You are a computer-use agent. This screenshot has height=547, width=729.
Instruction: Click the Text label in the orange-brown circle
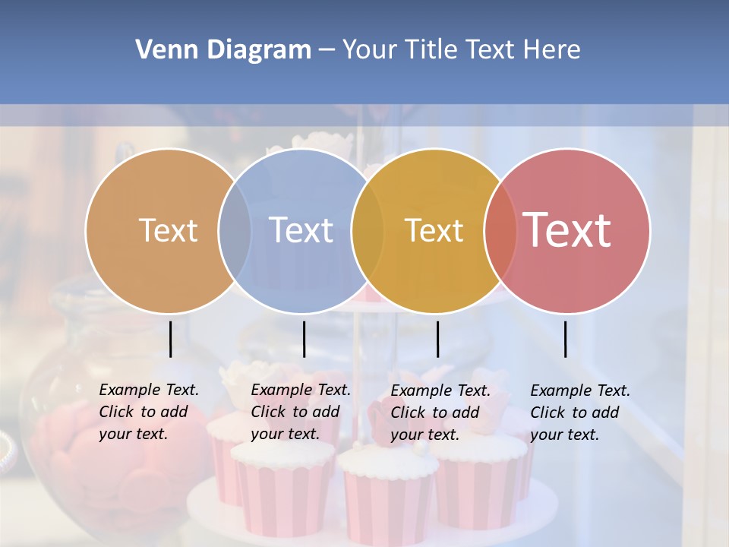pyautogui.click(x=168, y=230)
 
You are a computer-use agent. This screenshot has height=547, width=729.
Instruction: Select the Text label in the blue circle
pyautogui.click(x=301, y=230)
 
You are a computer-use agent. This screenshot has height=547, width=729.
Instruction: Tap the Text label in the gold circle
pyautogui.click(x=434, y=230)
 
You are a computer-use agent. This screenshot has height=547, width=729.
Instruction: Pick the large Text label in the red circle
pyautogui.click(x=566, y=230)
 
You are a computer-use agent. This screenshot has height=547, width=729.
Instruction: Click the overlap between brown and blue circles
pyautogui.click(x=235, y=230)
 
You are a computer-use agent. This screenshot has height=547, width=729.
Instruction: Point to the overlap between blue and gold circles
pyautogui.click(x=368, y=230)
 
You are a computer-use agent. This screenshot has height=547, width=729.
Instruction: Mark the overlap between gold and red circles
pyautogui.click(x=500, y=230)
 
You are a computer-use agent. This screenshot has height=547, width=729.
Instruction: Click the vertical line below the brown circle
pyautogui.click(x=171, y=339)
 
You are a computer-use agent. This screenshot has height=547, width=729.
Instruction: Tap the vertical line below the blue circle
pyautogui.click(x=304, y=339)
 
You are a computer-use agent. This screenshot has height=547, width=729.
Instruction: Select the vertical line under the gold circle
pyautogui.click(x=437, y=339)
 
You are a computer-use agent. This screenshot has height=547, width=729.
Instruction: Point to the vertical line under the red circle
pyautogui.click(x=565, y=339)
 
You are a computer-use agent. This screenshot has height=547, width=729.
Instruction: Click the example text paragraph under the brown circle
pyautogui.click(x=148, y=412)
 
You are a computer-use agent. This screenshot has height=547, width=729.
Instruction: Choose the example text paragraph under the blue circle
pyautogui.click(x=300, y=412)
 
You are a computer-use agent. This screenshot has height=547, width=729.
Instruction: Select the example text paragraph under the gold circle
pyautogui.click(x=440, y=413)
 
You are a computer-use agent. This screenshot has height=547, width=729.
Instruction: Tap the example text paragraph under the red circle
pyautogui.click(x=579, y=413)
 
